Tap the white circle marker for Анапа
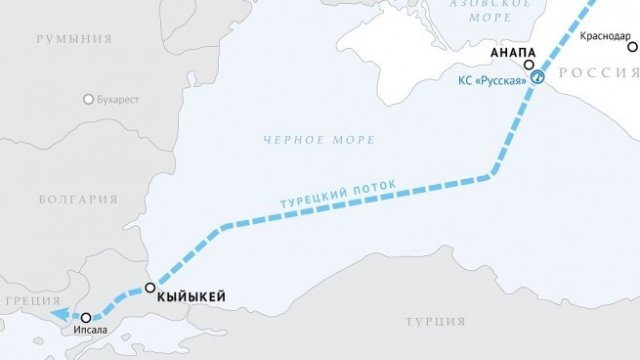529,64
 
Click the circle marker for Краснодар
632,46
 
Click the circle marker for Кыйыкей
150,288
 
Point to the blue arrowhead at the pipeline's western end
59,314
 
